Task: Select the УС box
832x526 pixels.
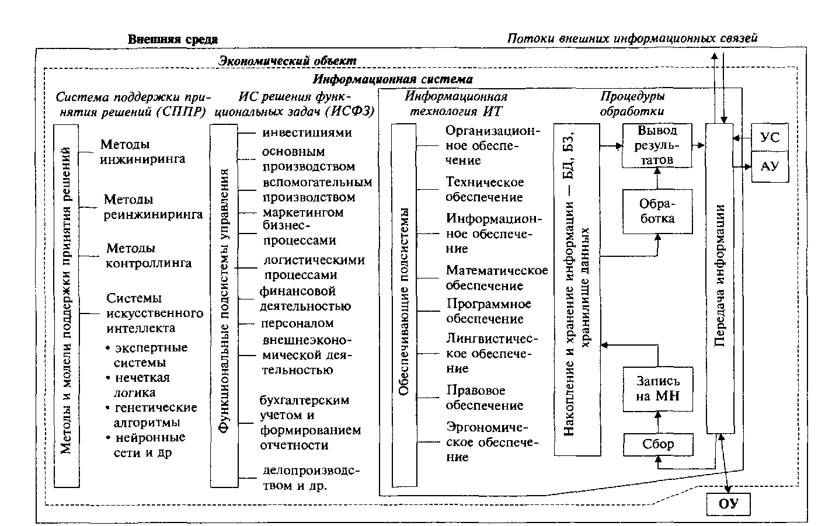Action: (x=770, y=138)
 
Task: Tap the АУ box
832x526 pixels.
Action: (x=770, y=166)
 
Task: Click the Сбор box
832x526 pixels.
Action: (x=658, y=445)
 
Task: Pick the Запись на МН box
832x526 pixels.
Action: (x=658, y=389)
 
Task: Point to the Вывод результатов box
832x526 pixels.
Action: (x=656, y=145)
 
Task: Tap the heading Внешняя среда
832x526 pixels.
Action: (x=173, y=40)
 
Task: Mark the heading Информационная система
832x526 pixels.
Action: (x=392, y=79)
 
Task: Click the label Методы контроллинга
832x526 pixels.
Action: (x=148, y=256)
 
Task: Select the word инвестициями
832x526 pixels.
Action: (x=307, y=133)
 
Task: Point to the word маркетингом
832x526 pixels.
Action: (x=303, y=212)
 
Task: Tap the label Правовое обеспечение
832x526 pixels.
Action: (x=484, y=398)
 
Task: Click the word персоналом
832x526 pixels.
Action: (x=297, y=323)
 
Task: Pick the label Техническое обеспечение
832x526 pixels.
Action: (x=484, y=190)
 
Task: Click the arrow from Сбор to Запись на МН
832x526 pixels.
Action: (x=658, y=423)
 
